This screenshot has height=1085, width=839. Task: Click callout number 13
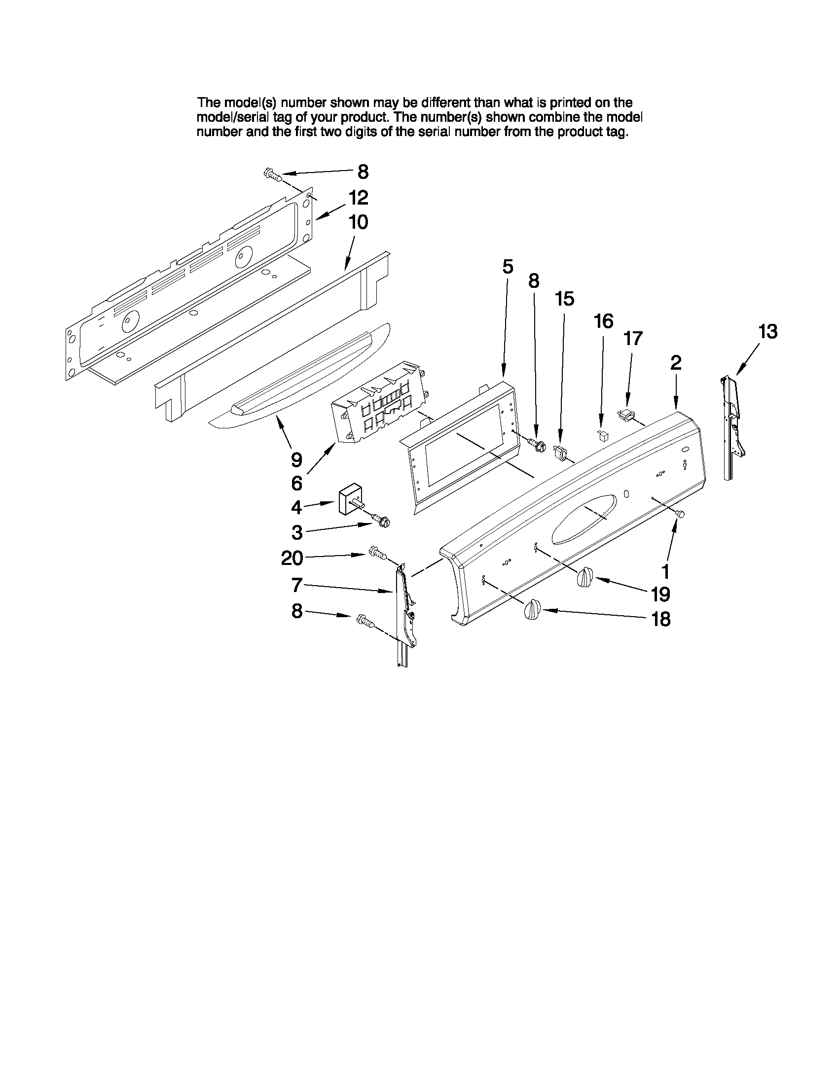point(768,331)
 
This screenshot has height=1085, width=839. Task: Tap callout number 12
point(358,198)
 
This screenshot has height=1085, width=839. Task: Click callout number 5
point(507,267)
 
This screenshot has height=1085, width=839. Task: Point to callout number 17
point(633,338)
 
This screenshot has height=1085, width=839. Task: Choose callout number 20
point(292,559)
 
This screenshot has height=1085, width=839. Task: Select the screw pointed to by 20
point(377,553)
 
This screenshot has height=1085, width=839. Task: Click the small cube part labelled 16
point(602,436)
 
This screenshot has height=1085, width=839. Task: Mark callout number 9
point(296,460)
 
